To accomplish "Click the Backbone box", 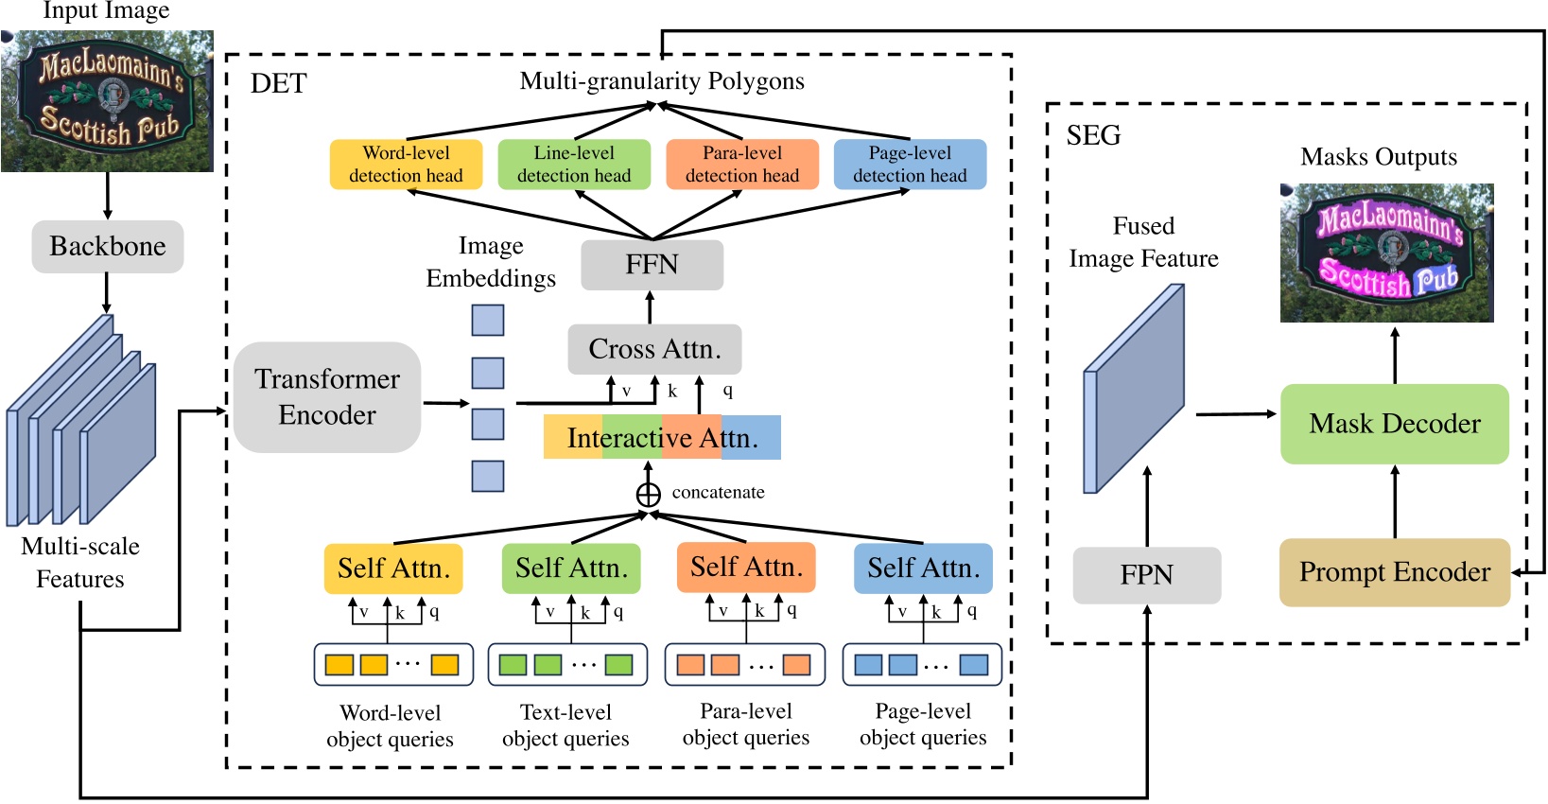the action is pos(108,246).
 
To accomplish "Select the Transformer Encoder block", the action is pos(327,397).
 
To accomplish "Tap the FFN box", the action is pos(652,265).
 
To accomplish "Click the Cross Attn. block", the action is pos(654,349).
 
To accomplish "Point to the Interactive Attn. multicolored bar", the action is pos(662,437).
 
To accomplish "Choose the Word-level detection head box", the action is pos(406,164).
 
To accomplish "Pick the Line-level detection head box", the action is pos(574,164).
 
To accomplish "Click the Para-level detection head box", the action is pos(742,164).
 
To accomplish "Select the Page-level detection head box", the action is pos(910,164).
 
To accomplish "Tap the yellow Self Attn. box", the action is pos(393,568).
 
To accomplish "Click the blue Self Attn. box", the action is pos(923,568).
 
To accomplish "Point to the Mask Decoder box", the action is pos(1395,424).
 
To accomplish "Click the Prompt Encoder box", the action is pos(1395,572).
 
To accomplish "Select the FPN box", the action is pos(1147,575).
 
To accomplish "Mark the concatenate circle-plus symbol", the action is pos(648,495).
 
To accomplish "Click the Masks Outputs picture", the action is pos(1387,253).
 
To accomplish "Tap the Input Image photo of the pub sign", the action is pos(107,101).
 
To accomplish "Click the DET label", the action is pos(279,83).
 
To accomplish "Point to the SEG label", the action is pos(1093,135).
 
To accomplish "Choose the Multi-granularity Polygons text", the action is pos(662,81).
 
